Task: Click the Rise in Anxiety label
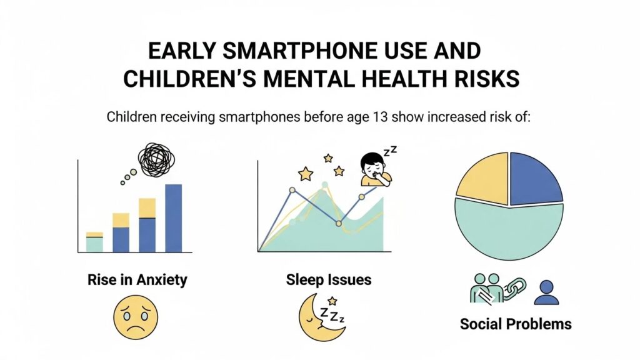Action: coord(137,279)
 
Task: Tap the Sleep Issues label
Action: coord(328,279)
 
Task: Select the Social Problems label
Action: coord(516,324)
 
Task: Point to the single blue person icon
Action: coord(547,292)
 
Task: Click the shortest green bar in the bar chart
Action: coord(94,244)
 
